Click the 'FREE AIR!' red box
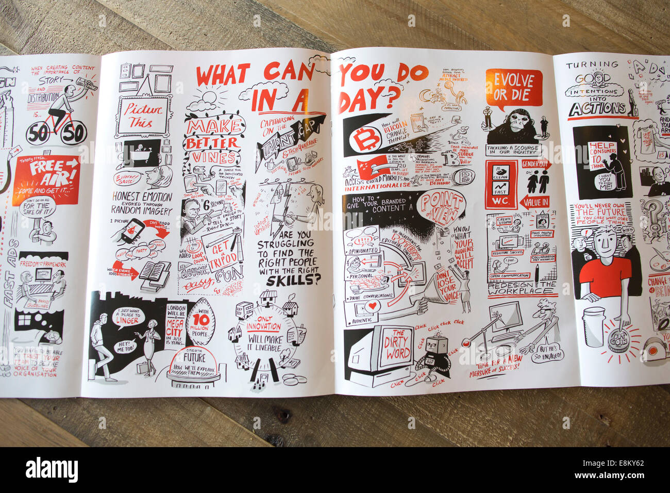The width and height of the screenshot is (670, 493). pos(47,178)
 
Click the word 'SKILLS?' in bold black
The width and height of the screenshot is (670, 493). pos(292,281)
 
